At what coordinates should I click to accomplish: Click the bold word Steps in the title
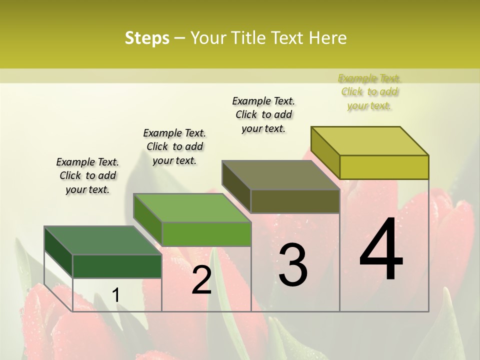(147, 38)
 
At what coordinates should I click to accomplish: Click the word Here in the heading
(329, 38)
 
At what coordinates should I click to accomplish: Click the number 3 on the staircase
(292, 265)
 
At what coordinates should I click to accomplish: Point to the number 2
(201, 280)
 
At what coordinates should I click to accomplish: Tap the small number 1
(115, 295)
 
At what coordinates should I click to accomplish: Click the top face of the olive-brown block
(280, 175)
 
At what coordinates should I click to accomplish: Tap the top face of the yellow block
(369, 141)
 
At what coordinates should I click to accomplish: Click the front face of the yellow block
(384, 167)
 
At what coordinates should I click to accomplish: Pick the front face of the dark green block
(117, 266)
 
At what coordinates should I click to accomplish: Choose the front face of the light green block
(206, 234)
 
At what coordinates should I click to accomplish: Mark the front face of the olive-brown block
(295, 201)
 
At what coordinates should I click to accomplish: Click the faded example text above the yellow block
(369, 91)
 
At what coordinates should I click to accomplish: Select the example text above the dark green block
(87, 175)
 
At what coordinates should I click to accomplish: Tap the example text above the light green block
(174, 146)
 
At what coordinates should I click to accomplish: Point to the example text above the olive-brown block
(263, 114)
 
